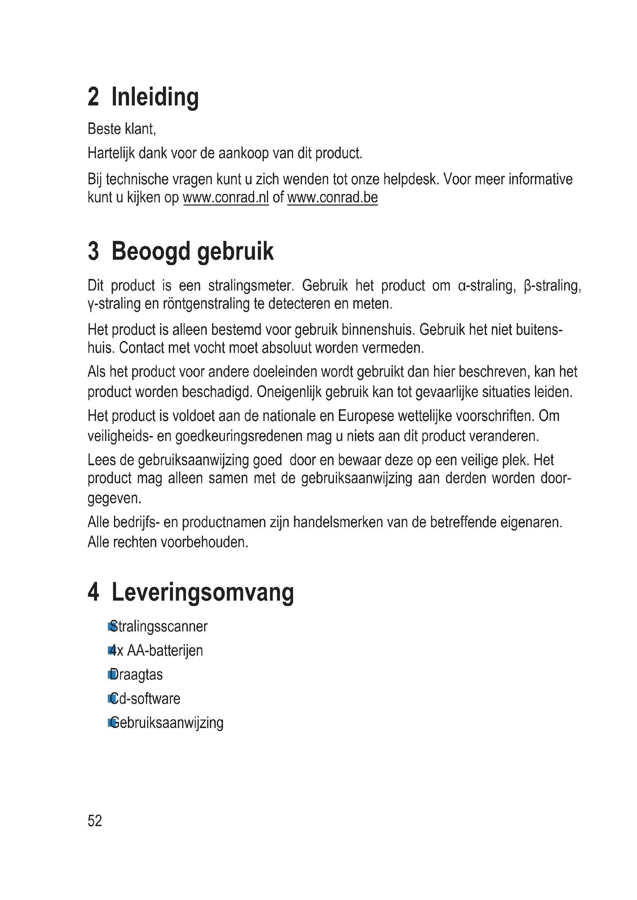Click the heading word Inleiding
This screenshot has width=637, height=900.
(x=155, y=97)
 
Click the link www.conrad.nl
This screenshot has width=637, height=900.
(x=226, y=197)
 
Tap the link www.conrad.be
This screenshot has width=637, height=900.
(x=332, y=197)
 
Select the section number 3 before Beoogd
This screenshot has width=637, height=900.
(x=93, y=251)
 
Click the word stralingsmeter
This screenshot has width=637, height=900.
(x=251, y=286)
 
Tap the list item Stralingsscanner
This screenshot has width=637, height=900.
(x=158, y=626)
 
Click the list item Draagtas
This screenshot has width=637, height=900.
(x=136, y=675)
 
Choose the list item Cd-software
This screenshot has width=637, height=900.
(x=145, y=698)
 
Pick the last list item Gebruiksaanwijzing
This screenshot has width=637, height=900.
(x=167, y=723)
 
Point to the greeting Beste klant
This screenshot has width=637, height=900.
(x=122, y=129)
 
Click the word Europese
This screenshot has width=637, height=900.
(x=365, y=416)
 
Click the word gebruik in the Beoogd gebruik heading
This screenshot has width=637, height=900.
(x=235, y=251)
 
